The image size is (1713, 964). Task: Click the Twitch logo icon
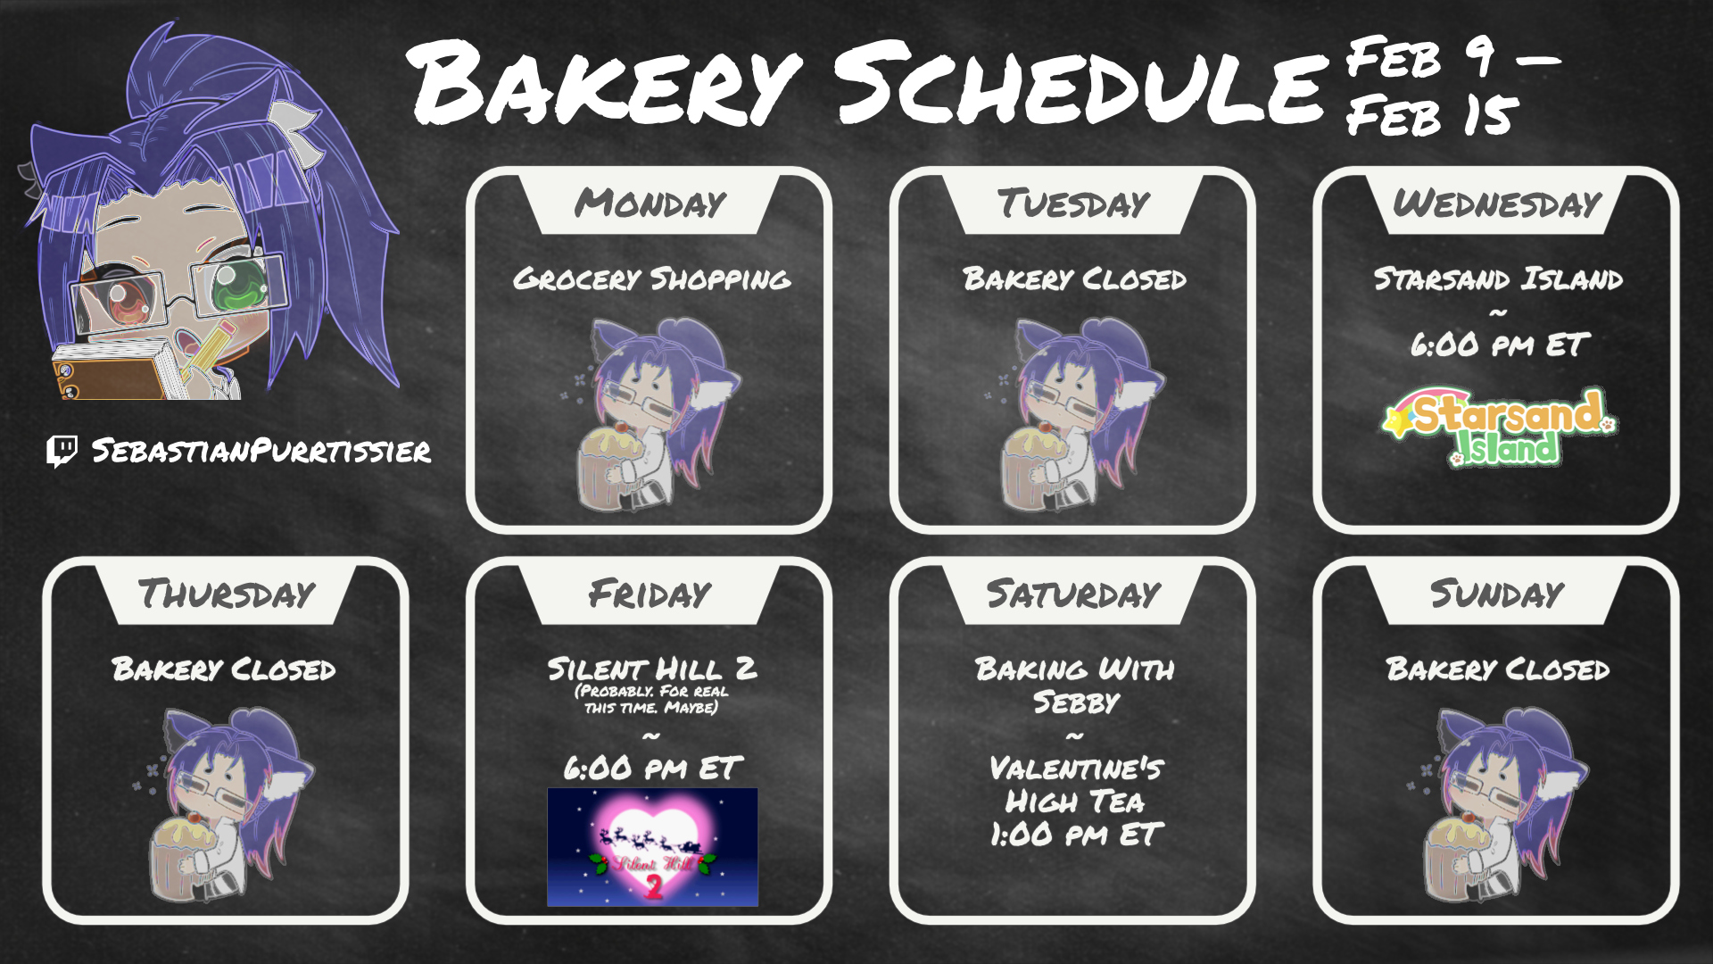pyautogui.click(x=62, y=451)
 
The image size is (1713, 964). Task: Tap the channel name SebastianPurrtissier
pyautogui.click(x=261, y=451)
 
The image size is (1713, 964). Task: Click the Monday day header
pyautogui.click(x=650, y=204)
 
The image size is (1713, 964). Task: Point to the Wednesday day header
pyautogui.click(x=1496, y=204)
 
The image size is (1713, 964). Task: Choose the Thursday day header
pyautogui.click(x=226, y=594)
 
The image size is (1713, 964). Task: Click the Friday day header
pyautogui.click(x=650, y=594)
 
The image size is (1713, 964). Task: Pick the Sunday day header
pyautogui.click(x=1496, y=594)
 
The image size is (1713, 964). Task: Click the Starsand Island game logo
pyautogui.click(x=1499, y=427)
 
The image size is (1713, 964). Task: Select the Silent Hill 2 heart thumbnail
pyautogui.click(x=652, y=847)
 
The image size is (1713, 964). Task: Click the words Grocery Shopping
pyautogui.click(x=651, y=279)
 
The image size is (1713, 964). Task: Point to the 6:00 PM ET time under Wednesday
pyautogui.click(x=1499, y=345)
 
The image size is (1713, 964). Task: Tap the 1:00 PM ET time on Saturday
pyautogui.click(x=1075, y=835)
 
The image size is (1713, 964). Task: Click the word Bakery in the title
pyautogui.click(x=605, y=82)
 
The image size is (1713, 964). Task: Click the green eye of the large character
pyautogui.click(x=239, y=284)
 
